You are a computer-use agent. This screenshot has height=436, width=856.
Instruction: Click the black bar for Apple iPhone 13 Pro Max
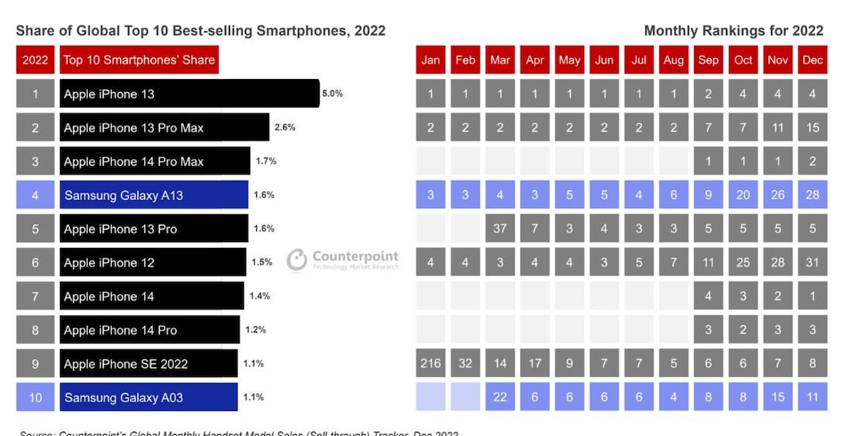[164, 128]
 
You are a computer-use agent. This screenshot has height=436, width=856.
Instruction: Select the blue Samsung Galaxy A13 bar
[153, 194]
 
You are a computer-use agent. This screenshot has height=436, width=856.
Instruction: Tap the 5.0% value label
[332, 93]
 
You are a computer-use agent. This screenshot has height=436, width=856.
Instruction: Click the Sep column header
[708, 60]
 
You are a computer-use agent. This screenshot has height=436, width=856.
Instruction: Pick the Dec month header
[812, 60]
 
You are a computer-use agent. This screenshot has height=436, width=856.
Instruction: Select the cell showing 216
[430, 363]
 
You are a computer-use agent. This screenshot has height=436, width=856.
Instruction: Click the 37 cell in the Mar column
[500, 229]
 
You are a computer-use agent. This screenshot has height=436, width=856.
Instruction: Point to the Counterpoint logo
[343, 260]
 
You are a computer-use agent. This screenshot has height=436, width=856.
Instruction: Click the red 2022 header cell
[35, 60]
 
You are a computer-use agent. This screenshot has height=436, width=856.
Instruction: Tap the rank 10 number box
[35, 397]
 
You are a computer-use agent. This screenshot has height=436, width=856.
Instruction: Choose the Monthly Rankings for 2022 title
[733, 31]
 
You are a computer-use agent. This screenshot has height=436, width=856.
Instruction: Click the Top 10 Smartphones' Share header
[139, 60]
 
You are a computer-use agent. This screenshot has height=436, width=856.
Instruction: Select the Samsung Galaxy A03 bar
[148, 397]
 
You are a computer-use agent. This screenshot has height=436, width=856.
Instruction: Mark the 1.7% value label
[266, 161]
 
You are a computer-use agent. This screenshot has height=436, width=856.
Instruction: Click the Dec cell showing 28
[812, 194]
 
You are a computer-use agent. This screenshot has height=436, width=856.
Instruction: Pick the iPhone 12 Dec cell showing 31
[812, 262]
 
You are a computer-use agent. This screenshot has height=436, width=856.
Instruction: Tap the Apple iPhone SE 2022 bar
[148, 363]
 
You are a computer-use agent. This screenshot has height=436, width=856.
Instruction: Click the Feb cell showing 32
[465, 363]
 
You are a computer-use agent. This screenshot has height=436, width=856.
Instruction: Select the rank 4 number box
[35, 194]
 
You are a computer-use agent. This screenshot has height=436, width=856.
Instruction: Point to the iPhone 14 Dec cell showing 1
[812, 296]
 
